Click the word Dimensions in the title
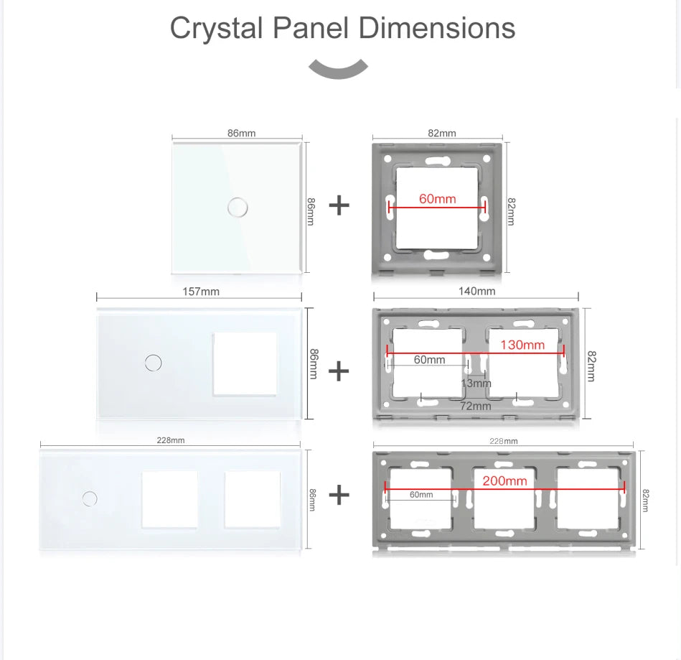click(x=436, y=28)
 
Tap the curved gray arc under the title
click(x=338, y=70)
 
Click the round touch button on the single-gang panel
click(x=237, y=207)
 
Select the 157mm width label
click(x=201, y=292)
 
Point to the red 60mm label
click(x=438, y=198)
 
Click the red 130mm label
click(x=522, y=345)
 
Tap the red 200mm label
click(x=504, y=480)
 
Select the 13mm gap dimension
click(x=476, y=384)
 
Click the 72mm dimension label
click(x=476, y=406)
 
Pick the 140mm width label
click(x=476, y=291)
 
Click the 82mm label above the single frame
click(x=442, y=133)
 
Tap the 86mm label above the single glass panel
click(x=241, y=133)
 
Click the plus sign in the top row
click(x=339, y=206)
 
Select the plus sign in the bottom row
click(x=339, y=495)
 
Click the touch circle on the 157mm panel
click(x=153, y=362)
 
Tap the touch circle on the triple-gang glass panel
click(x=90, y=497)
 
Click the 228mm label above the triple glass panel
click(x=171, y=440)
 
